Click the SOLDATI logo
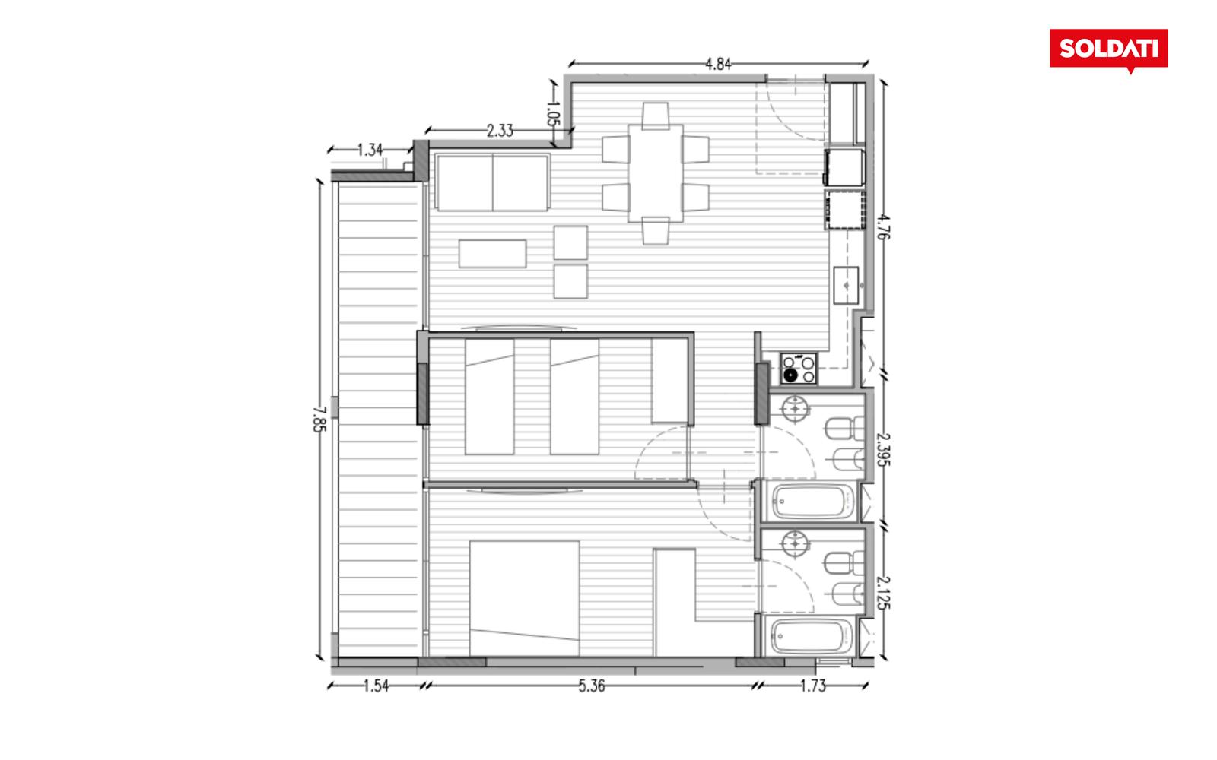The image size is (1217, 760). [x=1108, y=50]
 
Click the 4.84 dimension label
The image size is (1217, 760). [x=718, y=65]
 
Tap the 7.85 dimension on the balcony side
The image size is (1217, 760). [x=319, y=419]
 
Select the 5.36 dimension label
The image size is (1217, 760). [x=591, y=686]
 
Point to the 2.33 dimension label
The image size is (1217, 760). [x=500, y=131]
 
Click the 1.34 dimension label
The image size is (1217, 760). [x=370, y=150]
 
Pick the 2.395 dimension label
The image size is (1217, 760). [x=883, y=449]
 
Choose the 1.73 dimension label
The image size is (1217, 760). [x=813, y=686]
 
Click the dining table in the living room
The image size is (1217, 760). [x=656, y=173]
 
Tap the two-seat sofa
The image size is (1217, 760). [x=492, y=182]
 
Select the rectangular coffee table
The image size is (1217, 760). [x=492, y=254]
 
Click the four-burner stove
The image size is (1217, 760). [x=799, y=369]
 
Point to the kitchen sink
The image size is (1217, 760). [x=846, y=285]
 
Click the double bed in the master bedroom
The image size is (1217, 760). [x=524, y=598]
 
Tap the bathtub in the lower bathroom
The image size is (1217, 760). [x=809, y=636]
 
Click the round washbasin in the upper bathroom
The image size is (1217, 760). [x=795, y=408]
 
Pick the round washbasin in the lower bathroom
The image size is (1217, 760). [x=795, y=543]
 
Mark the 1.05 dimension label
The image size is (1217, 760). [x=552, y=113]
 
